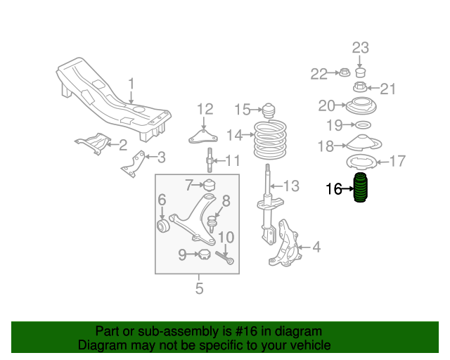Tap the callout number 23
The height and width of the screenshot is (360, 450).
click(360, 48)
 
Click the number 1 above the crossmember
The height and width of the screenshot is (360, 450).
click(131, 85)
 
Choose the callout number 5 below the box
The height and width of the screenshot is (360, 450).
click(199, 288)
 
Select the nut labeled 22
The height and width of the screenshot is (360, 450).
click(345, 72)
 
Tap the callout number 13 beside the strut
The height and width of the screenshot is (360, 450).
click(291, 186)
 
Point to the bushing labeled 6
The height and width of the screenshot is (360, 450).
click(164, 226)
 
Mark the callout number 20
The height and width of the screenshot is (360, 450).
click(327, 106)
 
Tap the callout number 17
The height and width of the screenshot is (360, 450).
click(397, 162)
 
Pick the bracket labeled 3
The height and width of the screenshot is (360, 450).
click(133, 163)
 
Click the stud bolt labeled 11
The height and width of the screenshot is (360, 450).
click(210, 161)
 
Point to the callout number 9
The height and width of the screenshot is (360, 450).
click(182, 255)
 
